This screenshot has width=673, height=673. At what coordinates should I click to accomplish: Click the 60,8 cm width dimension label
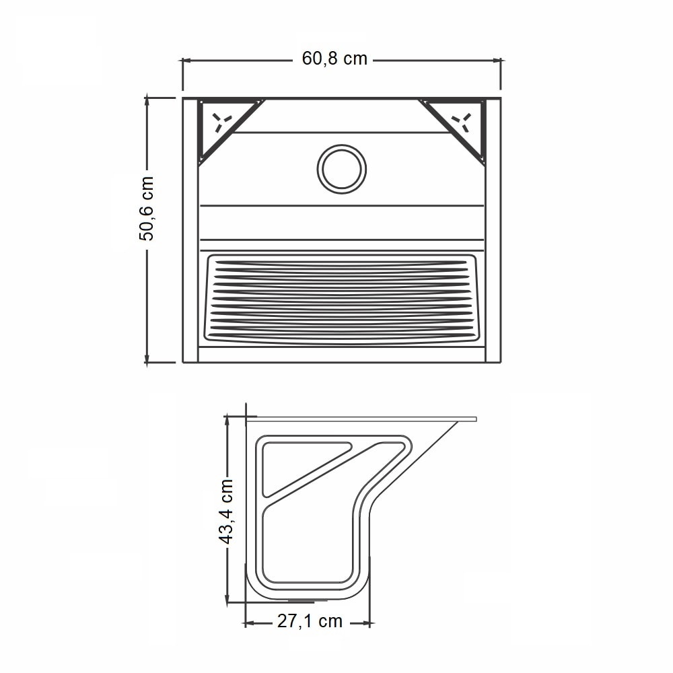pyautogui.click(x=334, y=59)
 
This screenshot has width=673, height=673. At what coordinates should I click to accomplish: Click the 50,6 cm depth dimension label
pyautogui.click(x=147, y=208)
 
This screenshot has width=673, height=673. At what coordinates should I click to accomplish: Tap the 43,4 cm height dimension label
pyautogui.click(x=227, y=511)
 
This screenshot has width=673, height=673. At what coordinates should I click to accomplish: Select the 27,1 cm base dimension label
pyautogui.click(x=310, y=622)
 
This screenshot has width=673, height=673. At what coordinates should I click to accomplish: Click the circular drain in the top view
pyautogui.click(x=342, y=169)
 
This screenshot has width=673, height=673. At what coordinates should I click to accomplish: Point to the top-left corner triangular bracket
pyautogui.click(x=222, y=125)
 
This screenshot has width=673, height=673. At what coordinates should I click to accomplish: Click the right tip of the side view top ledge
pyautogui.click(x=474, y=419)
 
